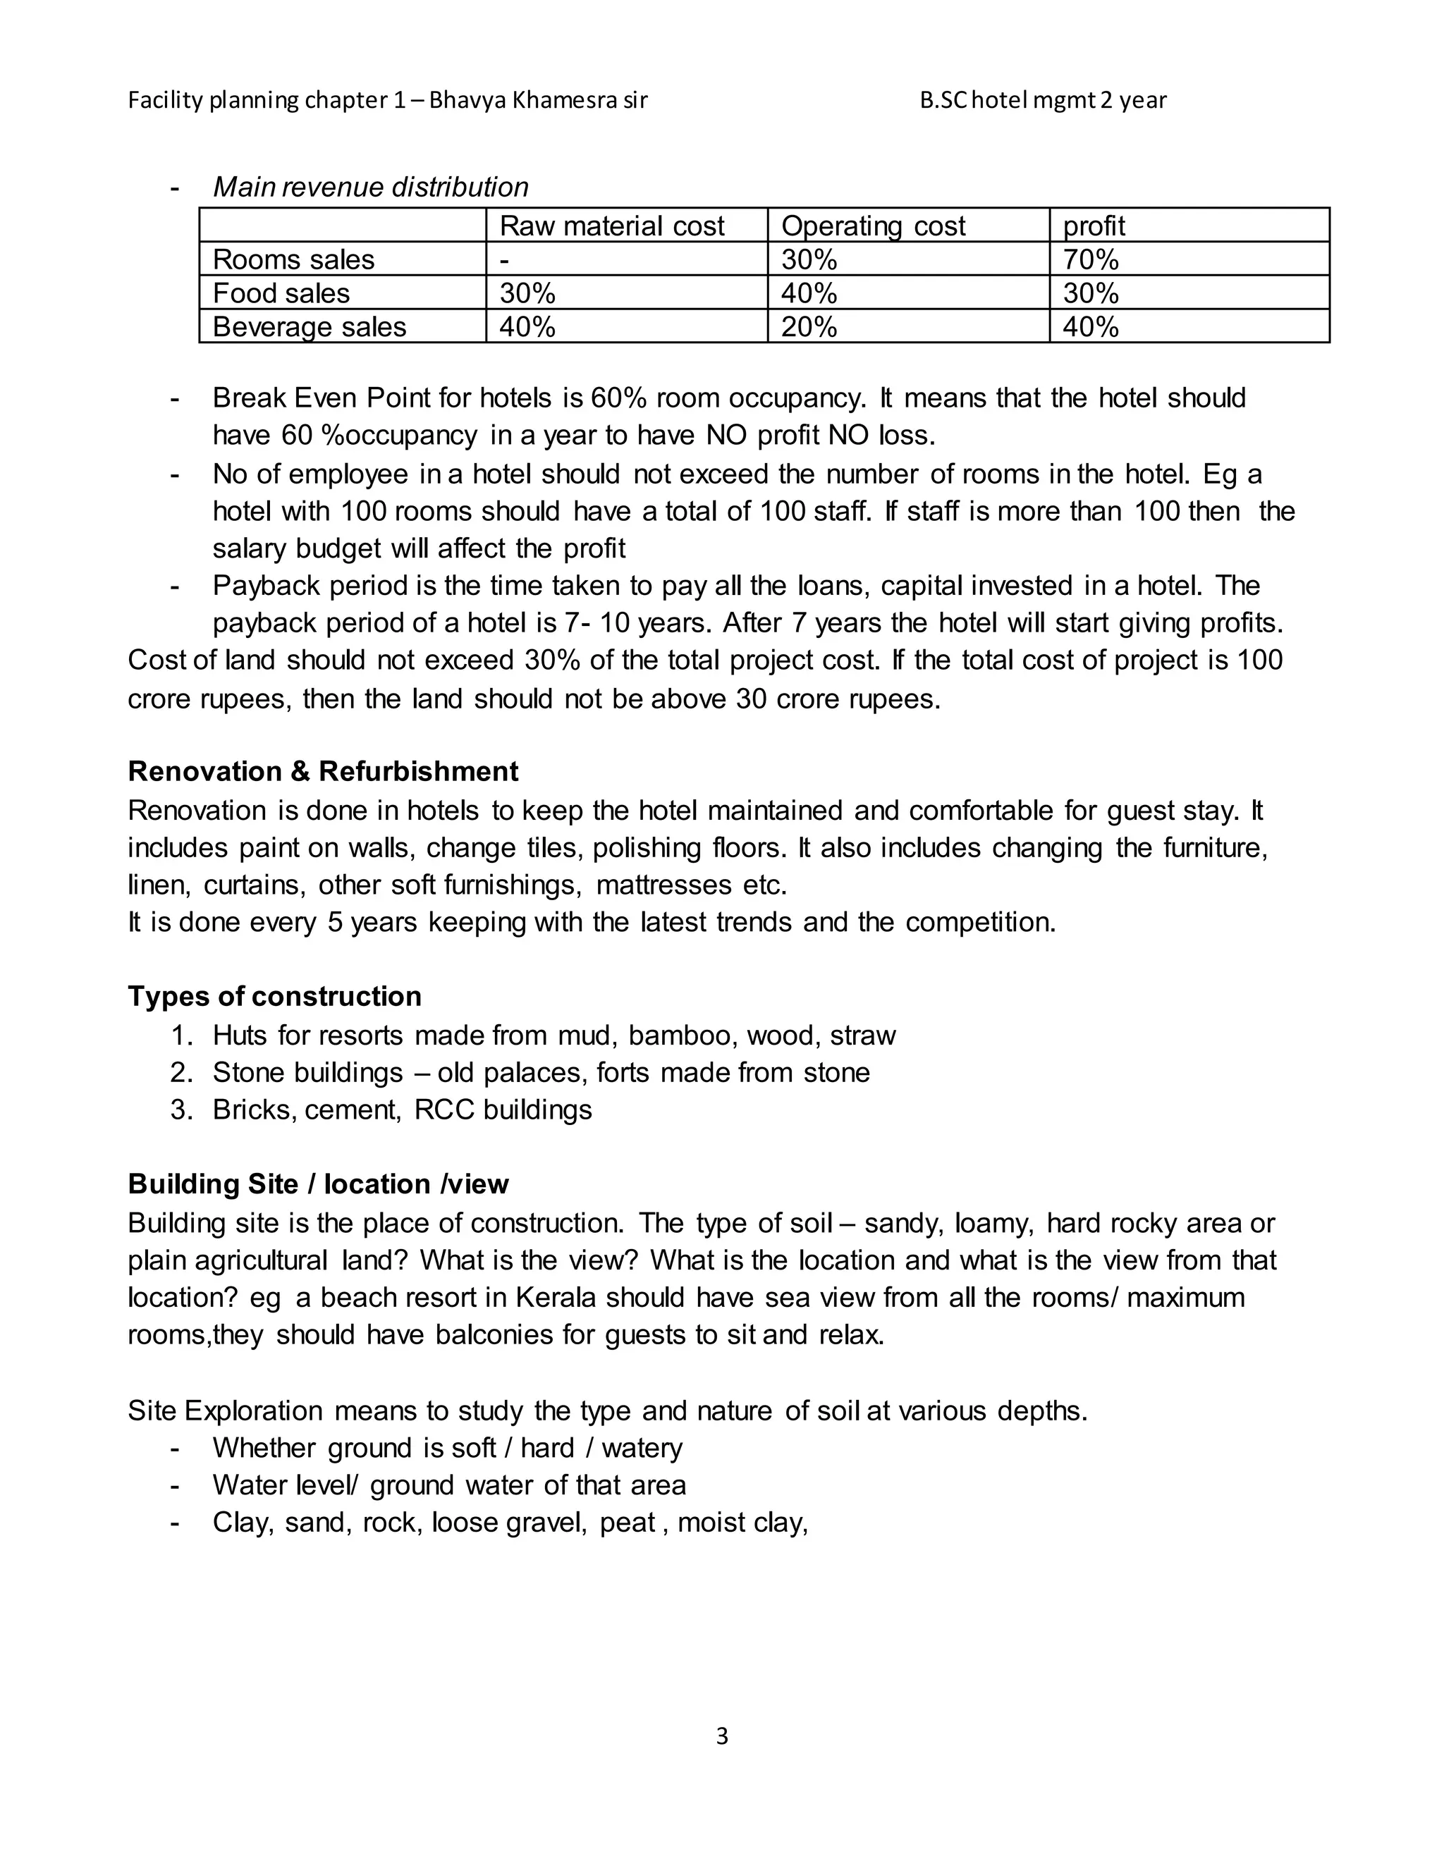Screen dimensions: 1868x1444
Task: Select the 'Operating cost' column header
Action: [x=873, y=226]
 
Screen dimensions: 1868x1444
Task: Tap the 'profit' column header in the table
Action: [x=1094, y=226]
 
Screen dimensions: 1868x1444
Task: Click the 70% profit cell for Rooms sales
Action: [x=1090, y=259]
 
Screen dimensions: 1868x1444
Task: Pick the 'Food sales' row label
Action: [x=281, y=293]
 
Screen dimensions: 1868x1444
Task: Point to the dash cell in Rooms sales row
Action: [x=505, y=259]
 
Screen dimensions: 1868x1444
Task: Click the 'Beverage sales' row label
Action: [x=309, y=327]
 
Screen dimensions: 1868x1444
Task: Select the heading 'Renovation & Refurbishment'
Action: [x=322, y=771]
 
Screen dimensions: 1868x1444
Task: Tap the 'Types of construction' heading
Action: [x=274, y=997]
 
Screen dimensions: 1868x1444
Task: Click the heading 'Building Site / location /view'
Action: [x=318, y=1184]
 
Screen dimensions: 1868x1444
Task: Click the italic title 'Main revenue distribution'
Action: [x=370, y=187]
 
